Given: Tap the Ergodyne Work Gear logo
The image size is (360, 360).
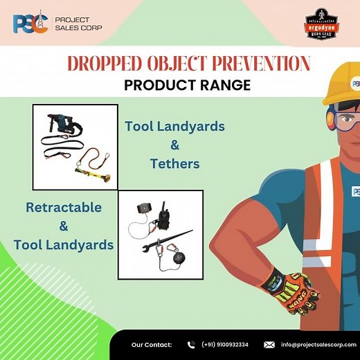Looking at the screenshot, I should (x=322, y=26).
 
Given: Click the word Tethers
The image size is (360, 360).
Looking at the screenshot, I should (x=174, y=163).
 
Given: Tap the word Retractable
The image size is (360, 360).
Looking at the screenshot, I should (x=64, y=207).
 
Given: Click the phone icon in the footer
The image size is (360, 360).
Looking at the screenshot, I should (x=190, y=344).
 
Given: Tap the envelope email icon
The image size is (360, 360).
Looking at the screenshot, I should (x=269, y=344).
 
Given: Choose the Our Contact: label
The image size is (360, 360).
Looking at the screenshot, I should (x=152, y=344).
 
